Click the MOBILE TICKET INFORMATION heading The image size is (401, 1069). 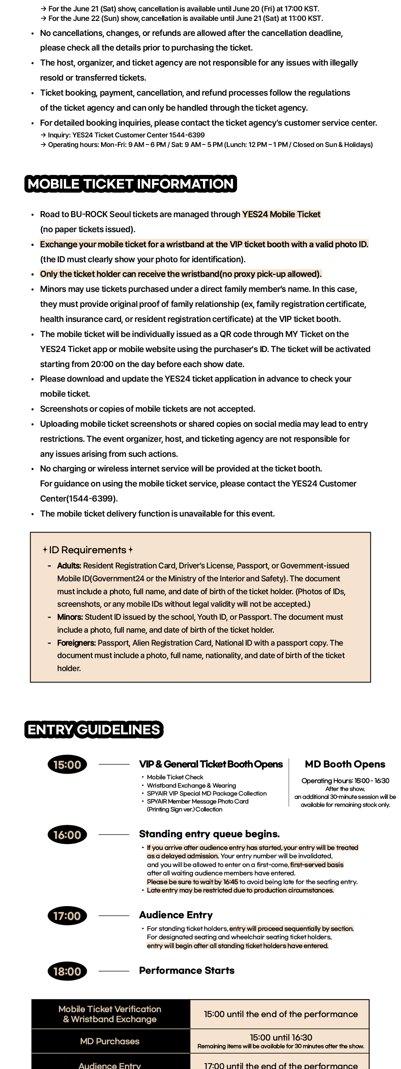pyautogui.click(x=130, y=184)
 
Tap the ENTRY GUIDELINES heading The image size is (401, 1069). pyautogui.click(x=94, y=729)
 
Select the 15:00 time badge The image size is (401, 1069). pyautogui.click(x=67, y=765)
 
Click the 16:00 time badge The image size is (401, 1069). pyautogui.click(x=67, y=835)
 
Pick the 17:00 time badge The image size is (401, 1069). pyautogui.click(x=67, y=916)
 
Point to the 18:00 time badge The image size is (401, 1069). pyautogui.click(x=67, y=971)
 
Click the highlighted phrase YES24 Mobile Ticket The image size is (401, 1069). pyautogui.click(x=281, y=214)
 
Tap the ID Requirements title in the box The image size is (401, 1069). pyautogui.click(x=87, y=550)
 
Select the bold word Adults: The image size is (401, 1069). pyautogui.click(x=69, y=566)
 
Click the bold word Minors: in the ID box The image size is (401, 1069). pyautogui.click(x=70, y=617)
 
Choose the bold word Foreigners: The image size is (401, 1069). pyautogui.click(x=76, y=643)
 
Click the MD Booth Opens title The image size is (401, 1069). pyautogui.click(x=345, y=764)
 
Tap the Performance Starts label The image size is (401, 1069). pyautogui.click(x=187, y=970)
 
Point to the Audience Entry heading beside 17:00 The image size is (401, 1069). pyautogui.click(x=176, y=915)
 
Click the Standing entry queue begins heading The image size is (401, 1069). pyautogui.click(x=209, y=834)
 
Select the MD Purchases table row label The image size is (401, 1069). pyautogui.click(x=110, y=1041)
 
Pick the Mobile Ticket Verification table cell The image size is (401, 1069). pyautogui.click(x=110, y=1014)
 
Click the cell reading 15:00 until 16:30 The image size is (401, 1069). pyautogui.click(x=281, y=1037)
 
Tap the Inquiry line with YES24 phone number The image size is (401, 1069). pyautogui.click(x=126, y=135)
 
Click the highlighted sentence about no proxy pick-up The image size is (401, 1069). pyautogui.click(x=181, y=274)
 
